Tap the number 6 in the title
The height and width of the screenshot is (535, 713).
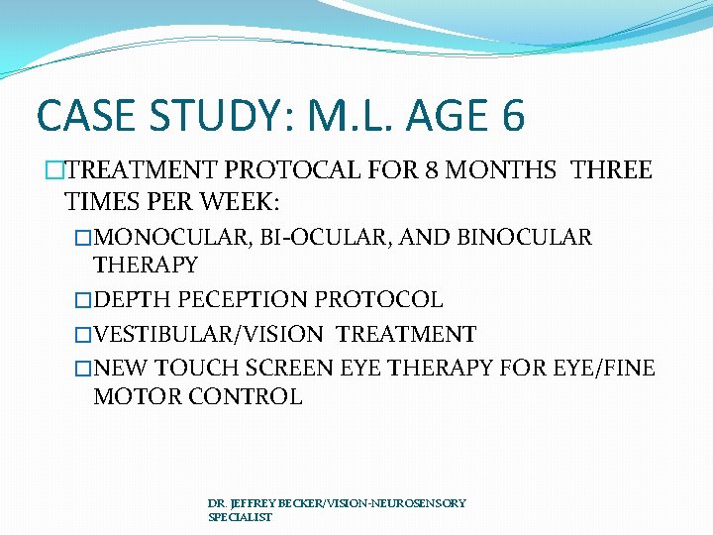coord(513,115)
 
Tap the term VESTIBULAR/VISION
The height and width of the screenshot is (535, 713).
coord(209,334)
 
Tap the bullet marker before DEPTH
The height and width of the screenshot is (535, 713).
coord(83,299)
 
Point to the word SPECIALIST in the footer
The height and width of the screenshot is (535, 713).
coord(240,517)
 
